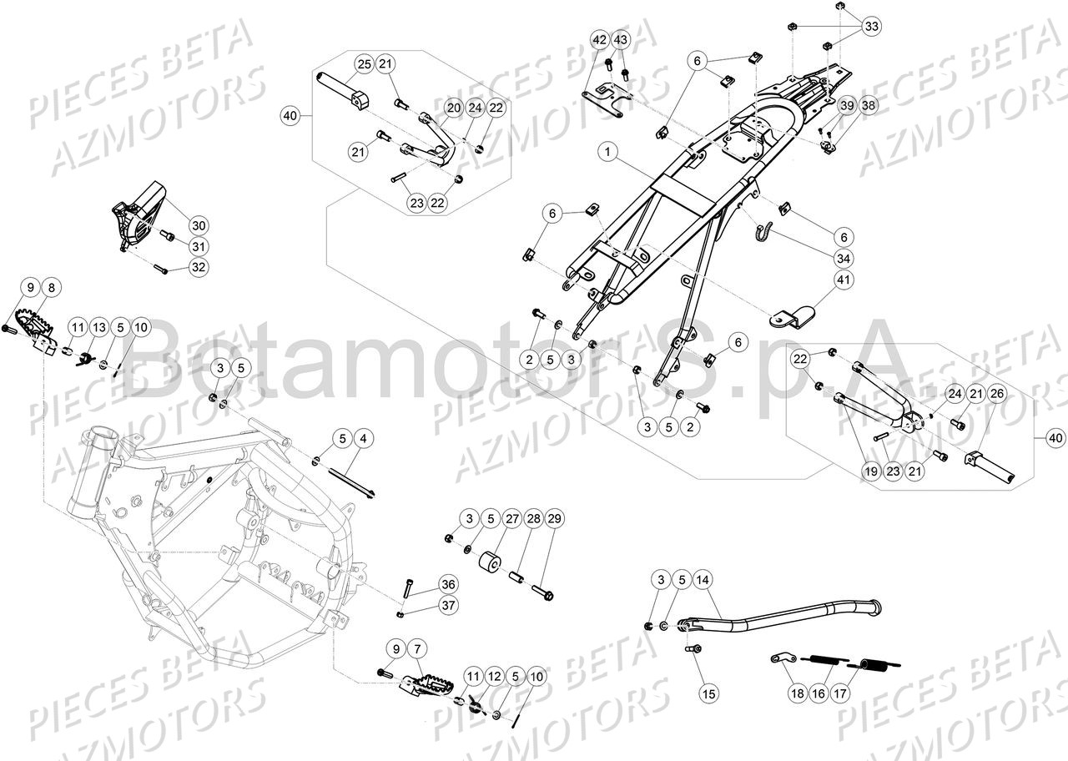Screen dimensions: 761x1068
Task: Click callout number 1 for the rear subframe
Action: pos(607,152)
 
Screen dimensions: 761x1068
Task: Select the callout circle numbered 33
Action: pos(871,26)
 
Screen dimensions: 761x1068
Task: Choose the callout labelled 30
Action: pos(198,225)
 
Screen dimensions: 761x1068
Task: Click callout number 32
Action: pos(198,267)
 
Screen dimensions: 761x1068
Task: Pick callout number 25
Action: pos(364,64)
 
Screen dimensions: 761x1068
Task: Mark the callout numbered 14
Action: pos(702,580)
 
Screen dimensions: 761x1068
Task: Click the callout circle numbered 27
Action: pos(512,519)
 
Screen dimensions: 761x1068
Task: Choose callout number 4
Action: pos(362,437)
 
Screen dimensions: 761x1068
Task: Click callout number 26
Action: pos(999,394)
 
